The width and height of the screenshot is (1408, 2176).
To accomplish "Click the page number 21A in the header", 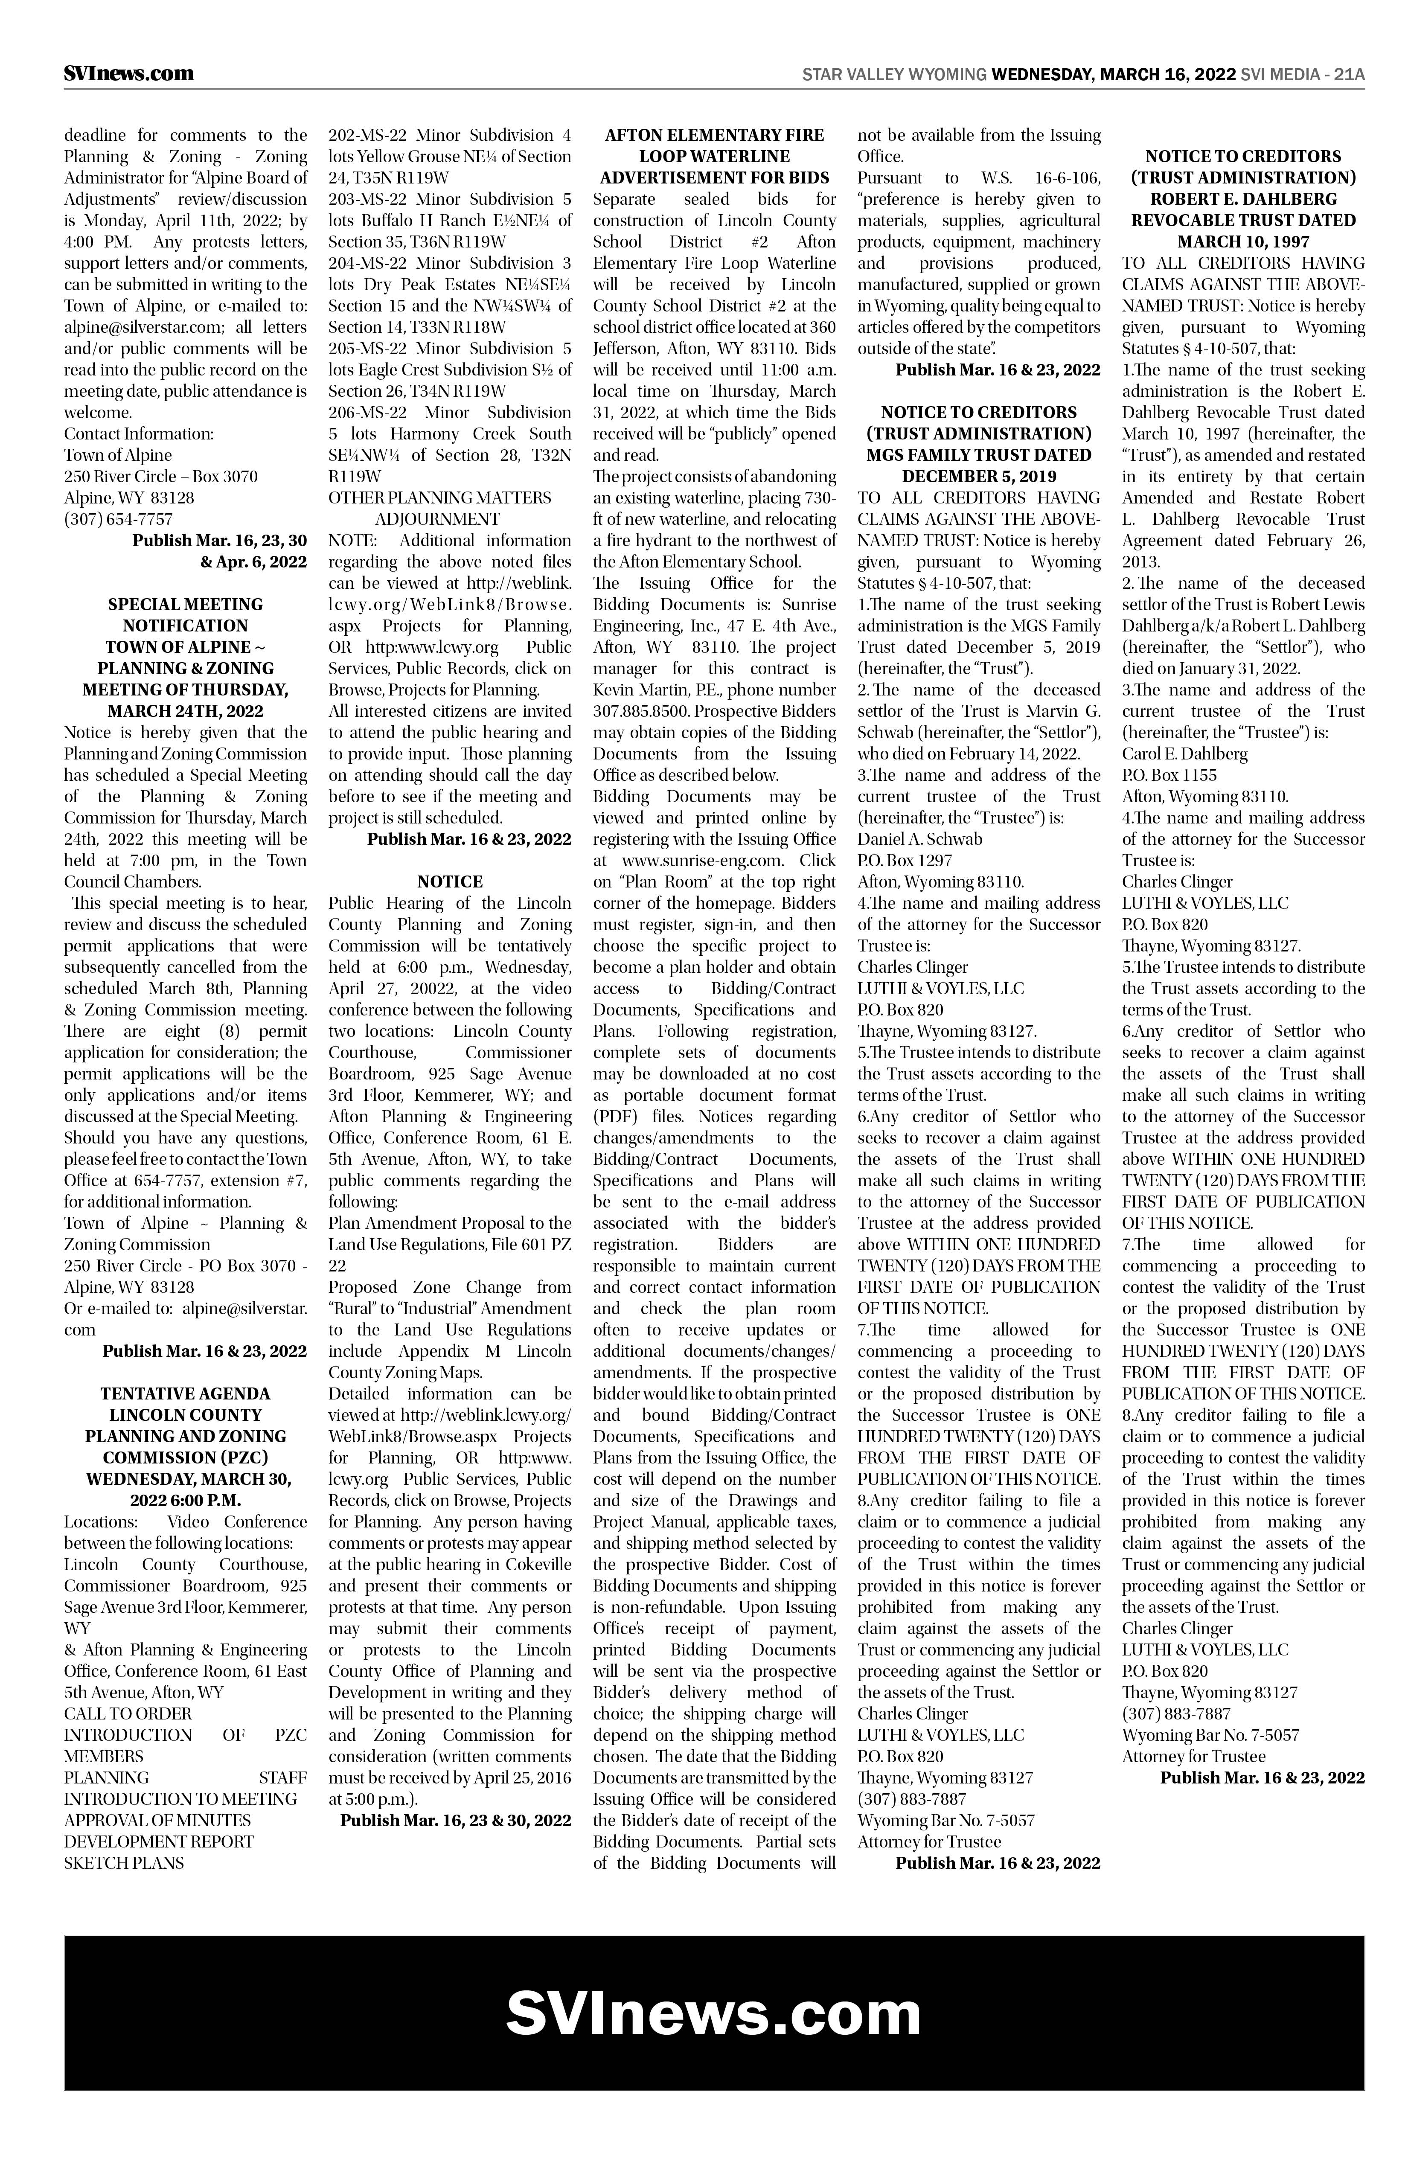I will [x=1349, y=75].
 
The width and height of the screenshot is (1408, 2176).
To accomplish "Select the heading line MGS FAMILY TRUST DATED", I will [x=978, y=454].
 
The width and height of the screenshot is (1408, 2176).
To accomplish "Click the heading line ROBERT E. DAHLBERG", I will [x=1243, y=198].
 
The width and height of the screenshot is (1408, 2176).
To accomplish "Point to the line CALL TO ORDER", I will [x=128, y=1713].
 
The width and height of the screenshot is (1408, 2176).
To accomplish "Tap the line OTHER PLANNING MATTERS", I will [x=440, y=497].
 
